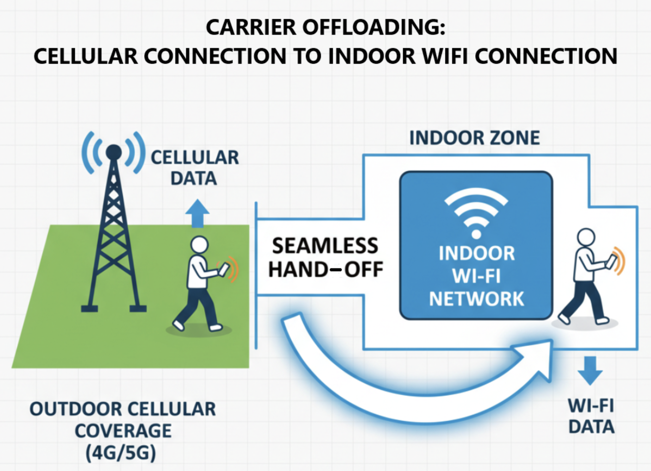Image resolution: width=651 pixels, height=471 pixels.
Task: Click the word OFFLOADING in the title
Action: point(374,28)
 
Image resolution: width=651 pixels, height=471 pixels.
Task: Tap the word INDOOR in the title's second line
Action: point(372,56)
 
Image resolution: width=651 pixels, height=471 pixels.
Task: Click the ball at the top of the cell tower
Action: point(114,152)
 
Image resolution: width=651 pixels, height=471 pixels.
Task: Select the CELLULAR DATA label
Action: point(194,168)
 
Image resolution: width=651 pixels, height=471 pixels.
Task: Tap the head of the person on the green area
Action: point(199,245)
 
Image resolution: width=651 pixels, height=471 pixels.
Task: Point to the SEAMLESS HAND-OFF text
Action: point(325,257)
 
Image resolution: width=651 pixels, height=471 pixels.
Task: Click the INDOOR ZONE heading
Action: point(475,138)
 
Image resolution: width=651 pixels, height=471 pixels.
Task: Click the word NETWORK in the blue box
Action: point(476,299)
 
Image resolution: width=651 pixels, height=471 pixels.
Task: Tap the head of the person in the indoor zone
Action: point(586,237)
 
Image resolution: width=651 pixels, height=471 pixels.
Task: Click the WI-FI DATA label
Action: point(591,416)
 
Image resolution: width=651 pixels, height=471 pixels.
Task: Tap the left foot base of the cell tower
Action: point(89,308)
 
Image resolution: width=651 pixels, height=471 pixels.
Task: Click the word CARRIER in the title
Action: point(251,28)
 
